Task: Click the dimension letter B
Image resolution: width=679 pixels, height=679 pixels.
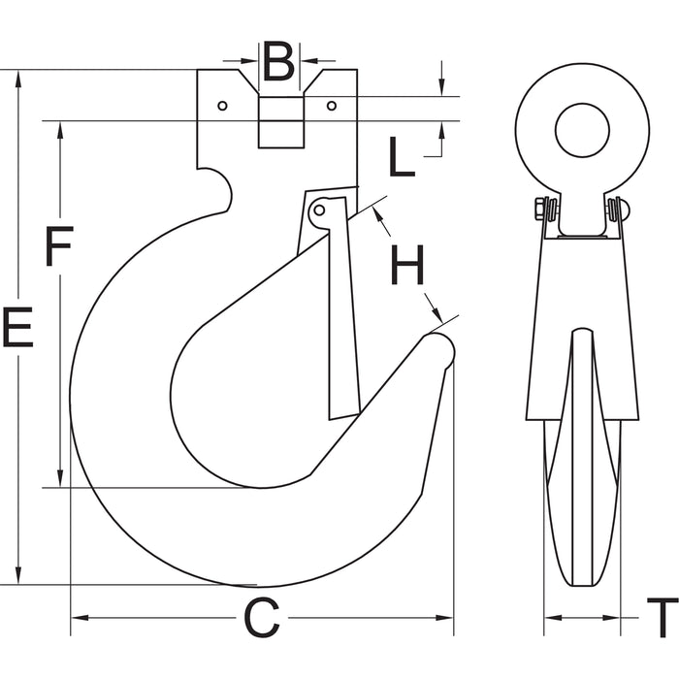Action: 279,61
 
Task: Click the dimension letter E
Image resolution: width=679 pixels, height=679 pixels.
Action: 17,327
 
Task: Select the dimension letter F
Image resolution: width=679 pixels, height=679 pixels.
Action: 59,246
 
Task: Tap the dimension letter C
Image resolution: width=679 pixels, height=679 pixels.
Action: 262,618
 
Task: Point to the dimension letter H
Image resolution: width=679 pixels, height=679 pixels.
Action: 407,265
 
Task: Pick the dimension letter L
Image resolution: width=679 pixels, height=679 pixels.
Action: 403,156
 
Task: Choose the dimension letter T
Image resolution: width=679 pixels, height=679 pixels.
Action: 663,618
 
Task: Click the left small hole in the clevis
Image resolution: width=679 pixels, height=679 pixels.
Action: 222,106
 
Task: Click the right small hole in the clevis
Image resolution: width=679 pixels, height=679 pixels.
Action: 332,106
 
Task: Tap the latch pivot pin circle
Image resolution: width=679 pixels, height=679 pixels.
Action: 319,210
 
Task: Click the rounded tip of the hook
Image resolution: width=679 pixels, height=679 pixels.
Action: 441,350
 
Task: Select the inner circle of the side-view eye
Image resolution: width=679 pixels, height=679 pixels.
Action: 582,130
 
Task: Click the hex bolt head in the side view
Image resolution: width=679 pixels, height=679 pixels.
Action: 539,210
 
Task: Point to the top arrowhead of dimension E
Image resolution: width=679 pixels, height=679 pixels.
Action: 17,78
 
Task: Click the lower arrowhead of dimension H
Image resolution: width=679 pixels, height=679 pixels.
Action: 436,315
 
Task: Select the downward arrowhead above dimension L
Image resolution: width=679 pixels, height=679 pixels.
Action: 441,87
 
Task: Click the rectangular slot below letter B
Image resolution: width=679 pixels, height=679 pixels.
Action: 281,122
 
